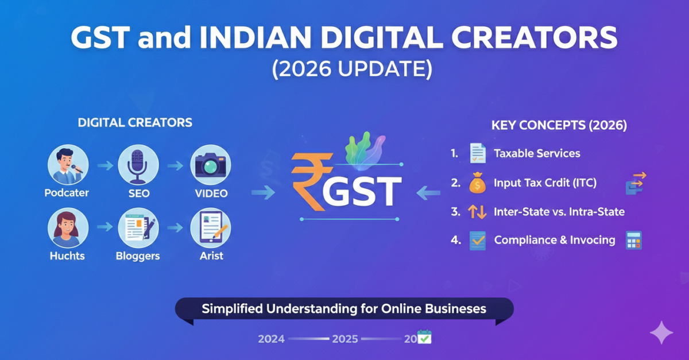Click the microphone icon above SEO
click(138, 164)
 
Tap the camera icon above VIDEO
click(210, 164)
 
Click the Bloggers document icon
click(138, 228)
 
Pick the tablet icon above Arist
click(210, 228)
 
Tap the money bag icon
click(477, 183)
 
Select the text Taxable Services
click(537, 153)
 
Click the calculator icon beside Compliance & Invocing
click(633, 240)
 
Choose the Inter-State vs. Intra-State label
click(559, 212)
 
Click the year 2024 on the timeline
click(271, 339)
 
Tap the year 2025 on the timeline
click(344, 339)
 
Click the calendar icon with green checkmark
click(424, 337)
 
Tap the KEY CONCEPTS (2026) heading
click(559, 125)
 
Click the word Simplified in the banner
click(231, 309)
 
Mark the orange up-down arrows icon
click(477, 212)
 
